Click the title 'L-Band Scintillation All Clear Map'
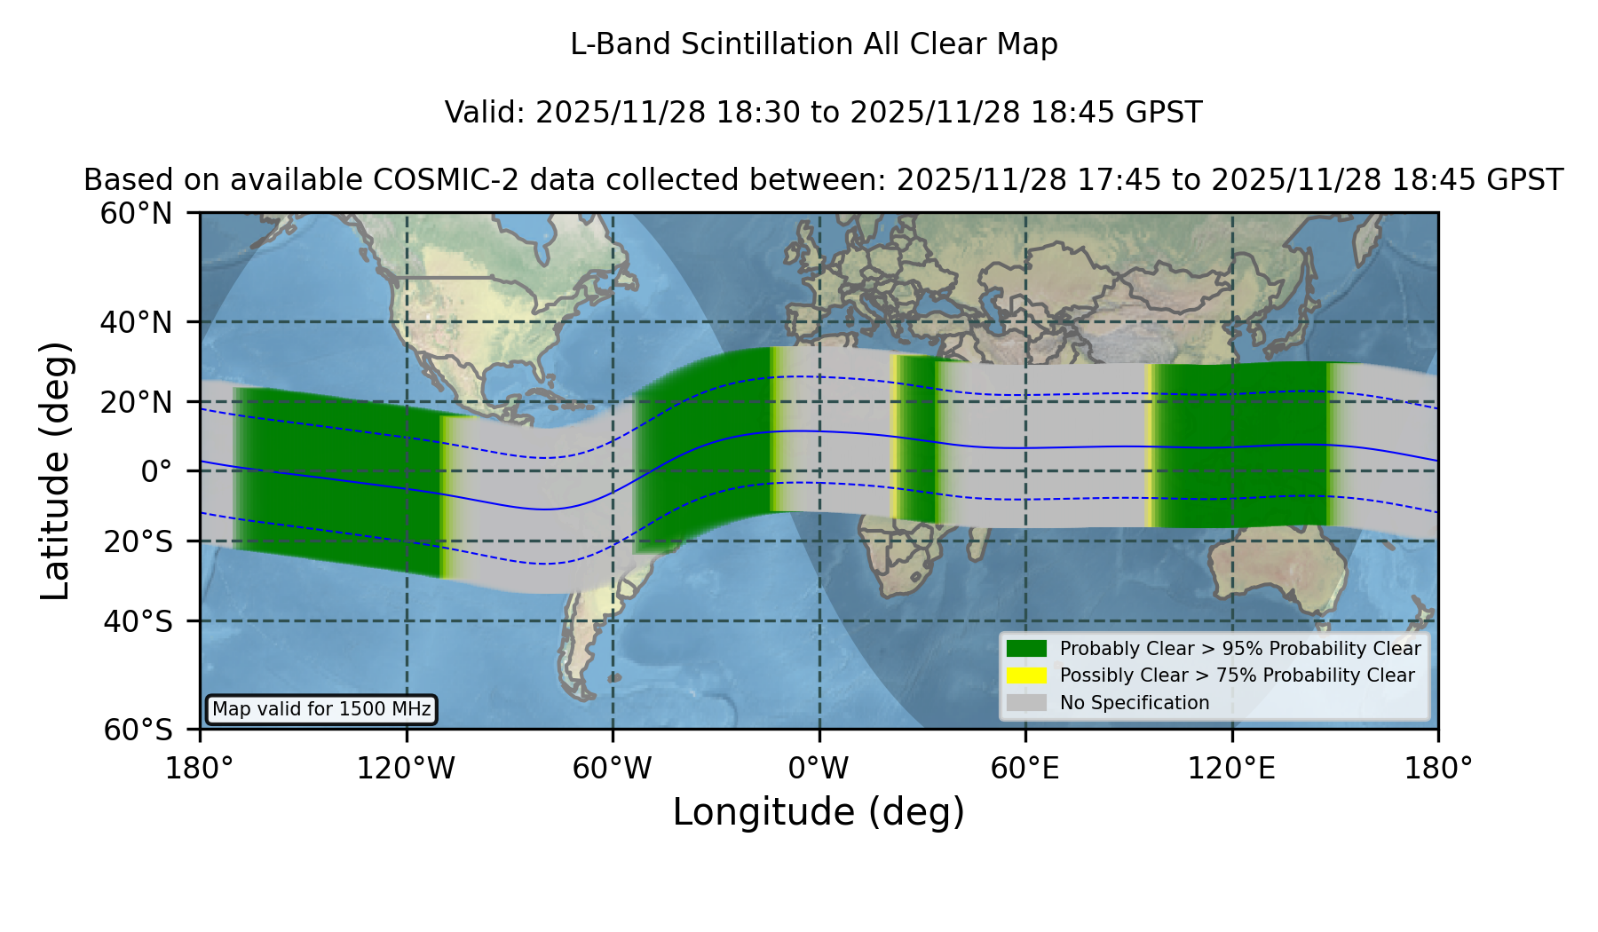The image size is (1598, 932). tap(813, 44)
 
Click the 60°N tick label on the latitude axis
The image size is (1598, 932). tap(136, 214)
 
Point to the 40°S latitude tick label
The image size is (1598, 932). tap(138, 621)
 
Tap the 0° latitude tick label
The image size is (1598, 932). tap(156, 471)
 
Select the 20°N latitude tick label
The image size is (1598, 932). tap(136, 402)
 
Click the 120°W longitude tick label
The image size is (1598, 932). tap(406, 769)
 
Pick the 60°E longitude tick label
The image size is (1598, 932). tap(1025, 769)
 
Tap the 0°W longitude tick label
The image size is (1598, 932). tap(819, 769)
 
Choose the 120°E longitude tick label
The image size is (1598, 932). tap(1231, 769)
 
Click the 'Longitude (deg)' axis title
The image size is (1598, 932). tap(819, 812)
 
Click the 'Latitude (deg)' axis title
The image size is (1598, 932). tap(55, 470)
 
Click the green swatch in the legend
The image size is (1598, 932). tap(1026, 649)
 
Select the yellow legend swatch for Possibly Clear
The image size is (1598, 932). tap(1026, 675)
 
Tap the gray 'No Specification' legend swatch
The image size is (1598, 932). tap(1026, 703)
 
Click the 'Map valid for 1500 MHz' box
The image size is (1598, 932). tap(321, 709)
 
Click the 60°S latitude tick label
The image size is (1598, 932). tap(138, 730)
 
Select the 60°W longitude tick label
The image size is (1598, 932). tap(613, 769)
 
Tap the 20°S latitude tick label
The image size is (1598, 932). tap(138, 541)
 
